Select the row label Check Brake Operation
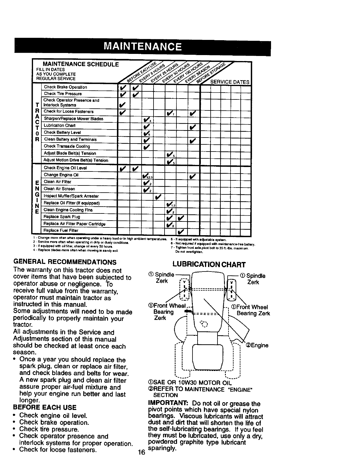65,87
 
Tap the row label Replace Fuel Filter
61,230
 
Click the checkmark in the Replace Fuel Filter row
181,231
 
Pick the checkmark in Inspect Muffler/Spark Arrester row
158,196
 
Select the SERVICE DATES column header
230,82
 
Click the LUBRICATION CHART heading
209,265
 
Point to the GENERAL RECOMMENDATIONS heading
65,262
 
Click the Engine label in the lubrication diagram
257,345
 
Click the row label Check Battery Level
62,132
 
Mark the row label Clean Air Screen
59,189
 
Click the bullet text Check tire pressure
49,429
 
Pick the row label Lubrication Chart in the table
60,126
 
